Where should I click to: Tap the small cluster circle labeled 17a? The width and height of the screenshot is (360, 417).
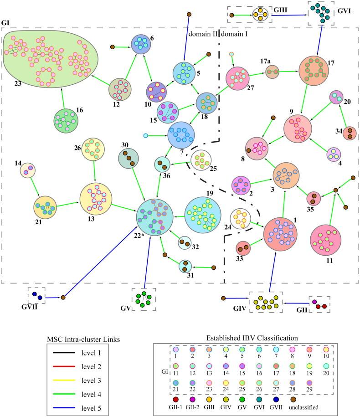(272, 71)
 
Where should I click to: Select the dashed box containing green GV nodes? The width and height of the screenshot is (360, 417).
(144, 299)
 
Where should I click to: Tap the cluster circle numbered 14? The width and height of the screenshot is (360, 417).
(27, 170)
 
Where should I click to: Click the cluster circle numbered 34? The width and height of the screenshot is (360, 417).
(350, 134)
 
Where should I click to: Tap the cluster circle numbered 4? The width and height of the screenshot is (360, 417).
(334, 154)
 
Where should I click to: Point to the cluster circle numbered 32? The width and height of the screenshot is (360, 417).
(184, 243)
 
